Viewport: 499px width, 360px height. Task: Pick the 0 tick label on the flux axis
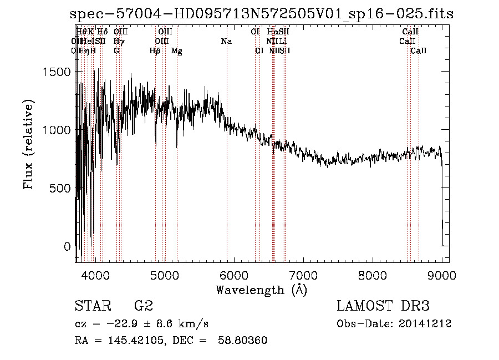67,246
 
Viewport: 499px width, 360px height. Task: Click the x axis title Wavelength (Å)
261,290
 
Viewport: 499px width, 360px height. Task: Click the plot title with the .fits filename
262,14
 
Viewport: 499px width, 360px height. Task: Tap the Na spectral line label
226,42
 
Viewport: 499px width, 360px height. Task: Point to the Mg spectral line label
177,51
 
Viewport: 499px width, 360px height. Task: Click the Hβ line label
155,51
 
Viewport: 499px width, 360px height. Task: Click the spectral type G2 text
143,306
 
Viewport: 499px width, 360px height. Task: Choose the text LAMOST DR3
383,306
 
